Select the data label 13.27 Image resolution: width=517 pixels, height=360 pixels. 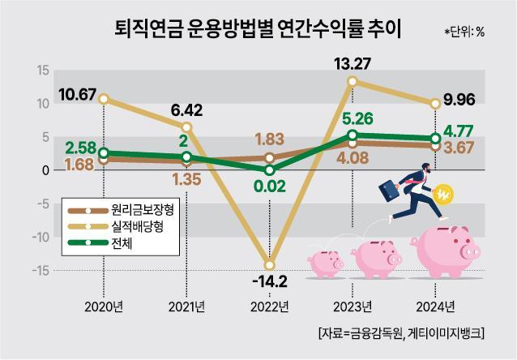click(353, 62)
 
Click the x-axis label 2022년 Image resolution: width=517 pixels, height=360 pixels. click(268, 306)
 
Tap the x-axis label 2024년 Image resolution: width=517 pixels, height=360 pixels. click(434, 306)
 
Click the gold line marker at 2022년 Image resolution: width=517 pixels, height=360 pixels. click(269, 264)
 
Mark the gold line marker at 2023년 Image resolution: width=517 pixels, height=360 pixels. click(352, 82)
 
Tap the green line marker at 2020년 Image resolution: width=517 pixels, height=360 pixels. click(103, 152)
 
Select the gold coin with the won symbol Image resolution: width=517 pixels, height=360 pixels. click(445, 195)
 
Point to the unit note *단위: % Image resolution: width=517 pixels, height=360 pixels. click(464, 32)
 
